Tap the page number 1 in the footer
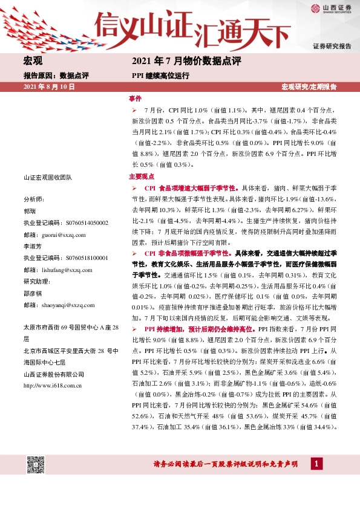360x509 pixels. (x=315, y=464)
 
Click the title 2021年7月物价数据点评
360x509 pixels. (x=186, y=62)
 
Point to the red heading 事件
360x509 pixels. (x=135, y=98)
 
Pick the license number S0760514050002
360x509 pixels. (x=80, y=222)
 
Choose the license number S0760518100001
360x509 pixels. (x=80, y=258)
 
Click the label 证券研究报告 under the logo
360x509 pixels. (x=332, y=46)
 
